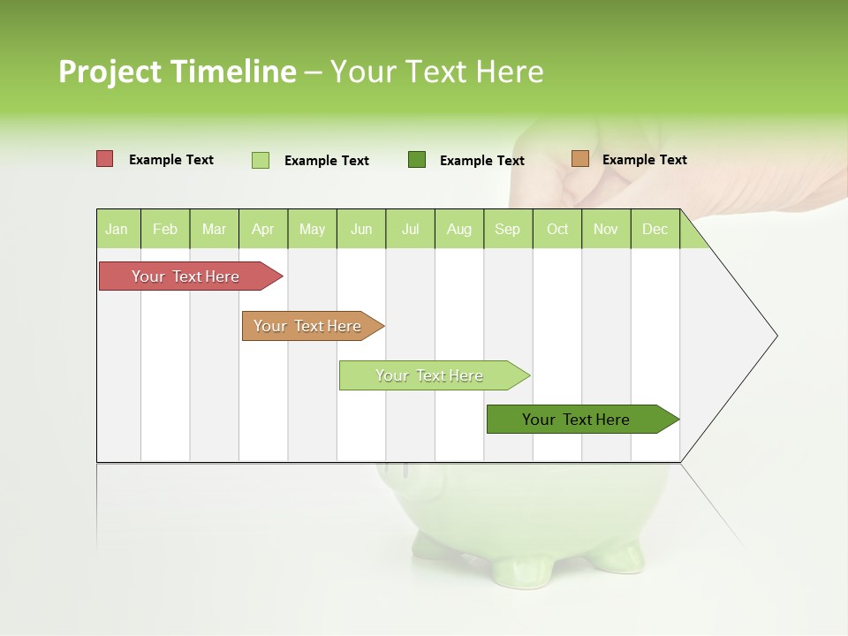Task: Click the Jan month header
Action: point(117,229)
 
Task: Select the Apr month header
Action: point(262,229)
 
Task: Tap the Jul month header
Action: point(410,229)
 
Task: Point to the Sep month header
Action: point(507,229)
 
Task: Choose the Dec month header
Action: point(655,229)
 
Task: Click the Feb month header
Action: point(165,229)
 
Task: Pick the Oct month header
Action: point(557,229)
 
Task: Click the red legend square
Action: point(105,159)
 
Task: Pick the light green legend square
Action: point(261,160)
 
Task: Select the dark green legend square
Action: point(417,159)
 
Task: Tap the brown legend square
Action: point(580,159)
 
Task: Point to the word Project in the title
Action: point(110,72)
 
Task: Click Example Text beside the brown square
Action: point(644,159)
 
